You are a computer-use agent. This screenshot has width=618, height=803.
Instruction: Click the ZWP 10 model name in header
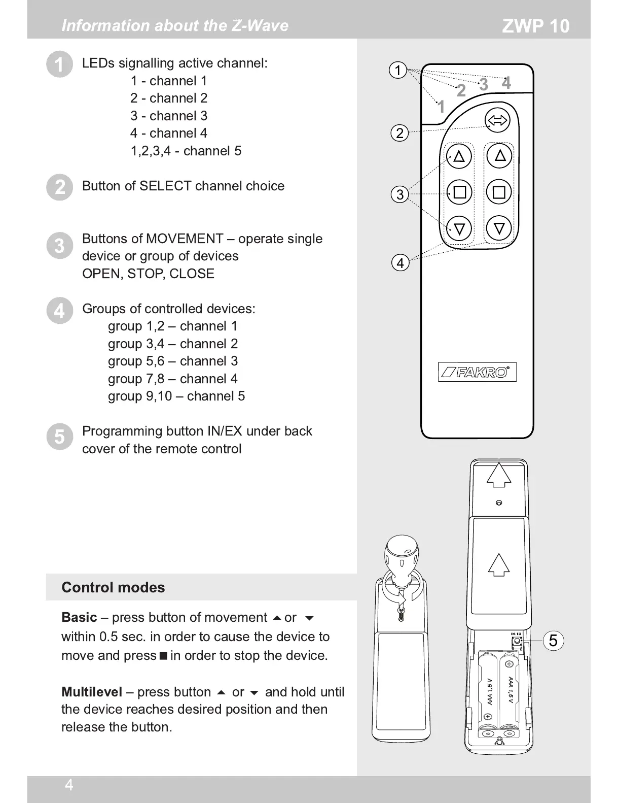click(535, 26)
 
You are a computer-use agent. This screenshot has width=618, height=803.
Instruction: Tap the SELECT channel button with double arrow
click(497, 121)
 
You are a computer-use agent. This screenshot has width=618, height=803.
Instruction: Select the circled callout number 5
click(553, 641)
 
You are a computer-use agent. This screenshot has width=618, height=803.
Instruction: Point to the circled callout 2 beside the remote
click(399, 133)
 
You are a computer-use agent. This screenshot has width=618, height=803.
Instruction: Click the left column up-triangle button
click(459, 156)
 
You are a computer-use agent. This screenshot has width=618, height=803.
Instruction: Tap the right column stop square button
click(499, 192)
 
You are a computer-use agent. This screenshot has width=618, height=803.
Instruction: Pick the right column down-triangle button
click(499, 228)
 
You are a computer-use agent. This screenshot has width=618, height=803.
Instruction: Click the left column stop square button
click(459, 192)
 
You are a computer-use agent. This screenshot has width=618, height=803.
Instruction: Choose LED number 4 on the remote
click(506, 83)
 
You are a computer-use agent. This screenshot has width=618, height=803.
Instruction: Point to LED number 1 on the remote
click(441, 107)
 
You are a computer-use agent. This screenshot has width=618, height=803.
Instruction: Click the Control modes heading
click(113, 587)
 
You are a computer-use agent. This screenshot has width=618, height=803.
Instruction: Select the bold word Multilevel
click(92, 692)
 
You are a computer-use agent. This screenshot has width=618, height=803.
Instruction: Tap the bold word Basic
click(79, 617)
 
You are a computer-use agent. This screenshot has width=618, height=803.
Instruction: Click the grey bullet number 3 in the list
click(59, 246)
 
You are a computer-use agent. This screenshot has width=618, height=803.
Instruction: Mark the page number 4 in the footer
click(69, 785)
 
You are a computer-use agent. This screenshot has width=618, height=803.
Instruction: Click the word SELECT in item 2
click(165, 186)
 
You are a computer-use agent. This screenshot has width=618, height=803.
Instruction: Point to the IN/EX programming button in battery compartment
click(517, 642)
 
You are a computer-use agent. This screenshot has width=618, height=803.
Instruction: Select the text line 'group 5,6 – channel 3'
click(172, 361)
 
